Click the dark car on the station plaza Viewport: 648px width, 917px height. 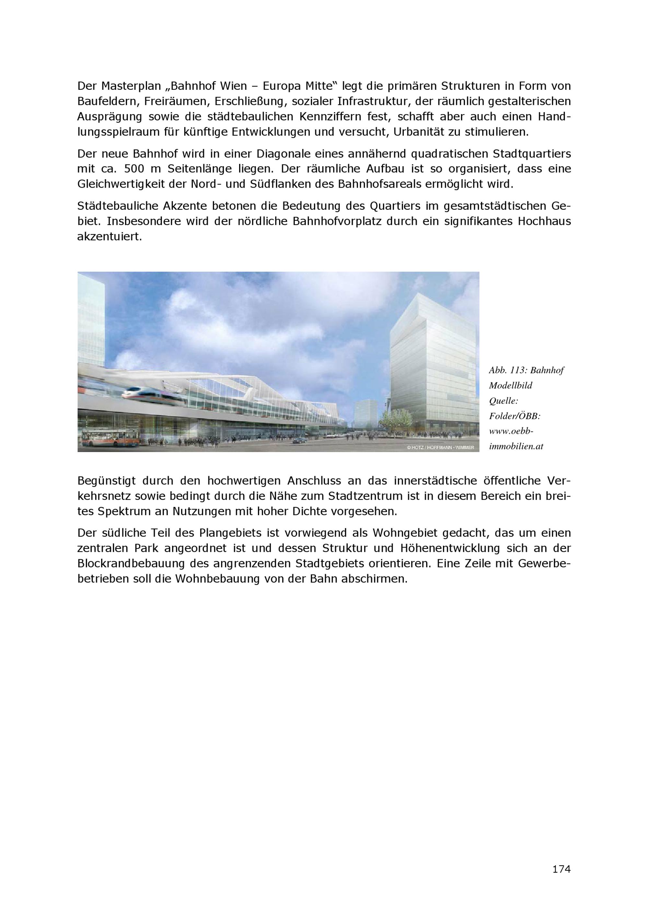tap(300, 441)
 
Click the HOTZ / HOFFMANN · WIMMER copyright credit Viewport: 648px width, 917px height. tap(440, 448)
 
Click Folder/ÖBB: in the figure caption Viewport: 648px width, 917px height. tap(515, 416)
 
